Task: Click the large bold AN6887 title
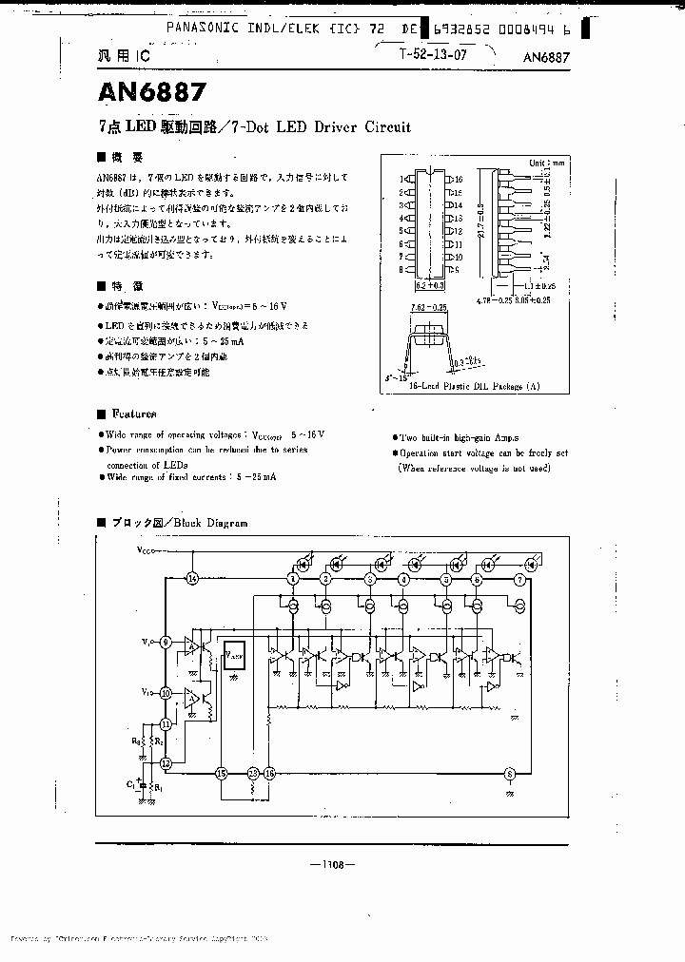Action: click(x=149, y=93)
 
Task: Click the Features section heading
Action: click(x=134, y=414)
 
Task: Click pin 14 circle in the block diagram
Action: click(x=192, y=578)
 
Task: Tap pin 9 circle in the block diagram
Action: click(x=166, y=642)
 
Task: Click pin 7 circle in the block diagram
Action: click(x=519, y=578)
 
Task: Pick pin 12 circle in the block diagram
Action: click(x=166, y=762)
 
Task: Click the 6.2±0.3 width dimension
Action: click(x=430, y=284)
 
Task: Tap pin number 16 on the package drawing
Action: click(x=458, y=179)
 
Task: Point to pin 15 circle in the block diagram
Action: click(x=222, y=773)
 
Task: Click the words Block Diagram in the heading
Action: click(x=211, y=523)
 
